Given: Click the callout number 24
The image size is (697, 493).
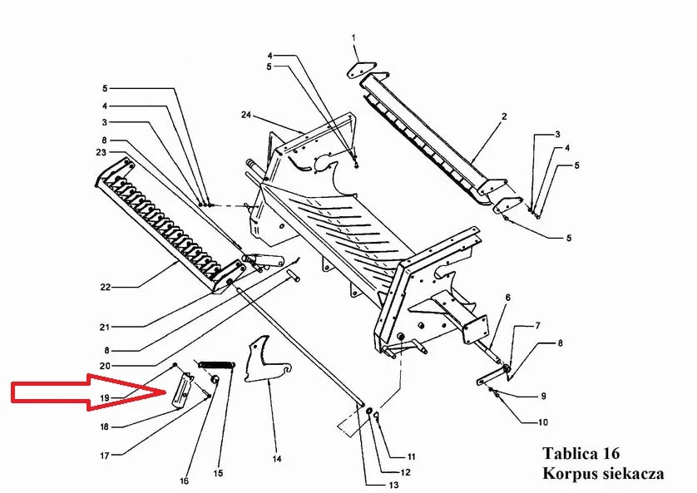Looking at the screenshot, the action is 246,115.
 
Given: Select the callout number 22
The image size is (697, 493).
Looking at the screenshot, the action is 105,288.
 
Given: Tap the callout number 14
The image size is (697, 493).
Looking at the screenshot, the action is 277,459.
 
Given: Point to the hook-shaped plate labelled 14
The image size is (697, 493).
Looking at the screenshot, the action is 265,361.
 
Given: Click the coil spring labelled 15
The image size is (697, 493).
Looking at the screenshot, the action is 216,365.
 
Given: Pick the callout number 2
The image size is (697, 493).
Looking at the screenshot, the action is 504,116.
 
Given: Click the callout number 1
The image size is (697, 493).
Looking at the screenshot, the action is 353,37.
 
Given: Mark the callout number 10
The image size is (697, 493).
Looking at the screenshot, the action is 543,422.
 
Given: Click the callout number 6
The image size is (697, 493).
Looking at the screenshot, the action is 507,298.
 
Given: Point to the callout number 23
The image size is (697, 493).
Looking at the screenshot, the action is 101,152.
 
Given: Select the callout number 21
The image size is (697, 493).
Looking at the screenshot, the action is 105,328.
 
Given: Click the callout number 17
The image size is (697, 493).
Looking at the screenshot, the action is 105,456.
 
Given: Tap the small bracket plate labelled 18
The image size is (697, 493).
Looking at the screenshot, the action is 182,392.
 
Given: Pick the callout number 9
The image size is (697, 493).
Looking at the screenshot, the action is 543,397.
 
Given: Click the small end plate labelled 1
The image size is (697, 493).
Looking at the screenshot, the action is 360,70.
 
